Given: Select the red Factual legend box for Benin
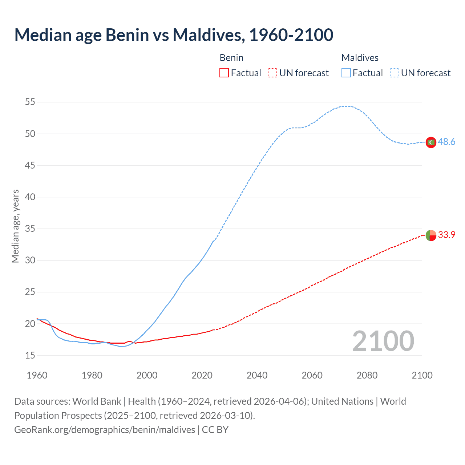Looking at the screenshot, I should [x=224, y=73].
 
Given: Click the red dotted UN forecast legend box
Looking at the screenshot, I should [x=272, y=73].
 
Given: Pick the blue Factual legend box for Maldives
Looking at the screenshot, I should [x=346, y=73].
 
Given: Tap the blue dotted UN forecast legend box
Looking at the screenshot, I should [x=394, y=73].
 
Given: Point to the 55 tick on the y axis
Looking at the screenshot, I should [x=30, y=102].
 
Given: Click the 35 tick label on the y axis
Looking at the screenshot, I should [x=30, y=229].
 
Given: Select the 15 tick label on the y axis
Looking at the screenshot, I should [x=30, y=355].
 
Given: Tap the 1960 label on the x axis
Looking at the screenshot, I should [x=37, y=375].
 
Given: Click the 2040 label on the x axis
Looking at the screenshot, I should [x=257, y=375].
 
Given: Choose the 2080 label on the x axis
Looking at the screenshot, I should [x=367, y=375].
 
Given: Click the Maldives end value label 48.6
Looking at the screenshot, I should [x=446, y=142].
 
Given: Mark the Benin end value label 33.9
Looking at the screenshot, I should [x=446, y=235].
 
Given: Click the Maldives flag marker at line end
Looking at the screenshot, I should [x=431, y=142].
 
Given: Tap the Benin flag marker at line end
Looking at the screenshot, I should [x=431, y=235].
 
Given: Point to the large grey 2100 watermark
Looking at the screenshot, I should [x=383, y=341].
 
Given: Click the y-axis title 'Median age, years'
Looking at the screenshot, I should [x=15, y=226].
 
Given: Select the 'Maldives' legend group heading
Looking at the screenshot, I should [x=360, y=58].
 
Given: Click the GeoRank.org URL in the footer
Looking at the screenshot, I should [x=105, y=430].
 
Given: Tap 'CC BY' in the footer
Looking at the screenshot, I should [x=215, y=430].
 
